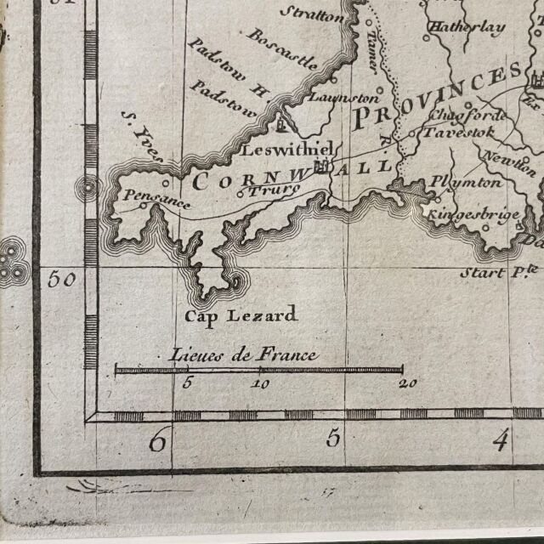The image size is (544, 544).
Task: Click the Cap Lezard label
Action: coord(241,316)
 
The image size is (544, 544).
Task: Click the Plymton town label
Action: coord(466,181)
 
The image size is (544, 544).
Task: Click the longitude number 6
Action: coord(157,441)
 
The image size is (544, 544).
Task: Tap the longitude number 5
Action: coord(333,439)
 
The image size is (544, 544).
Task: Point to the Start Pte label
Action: coord(500,273)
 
